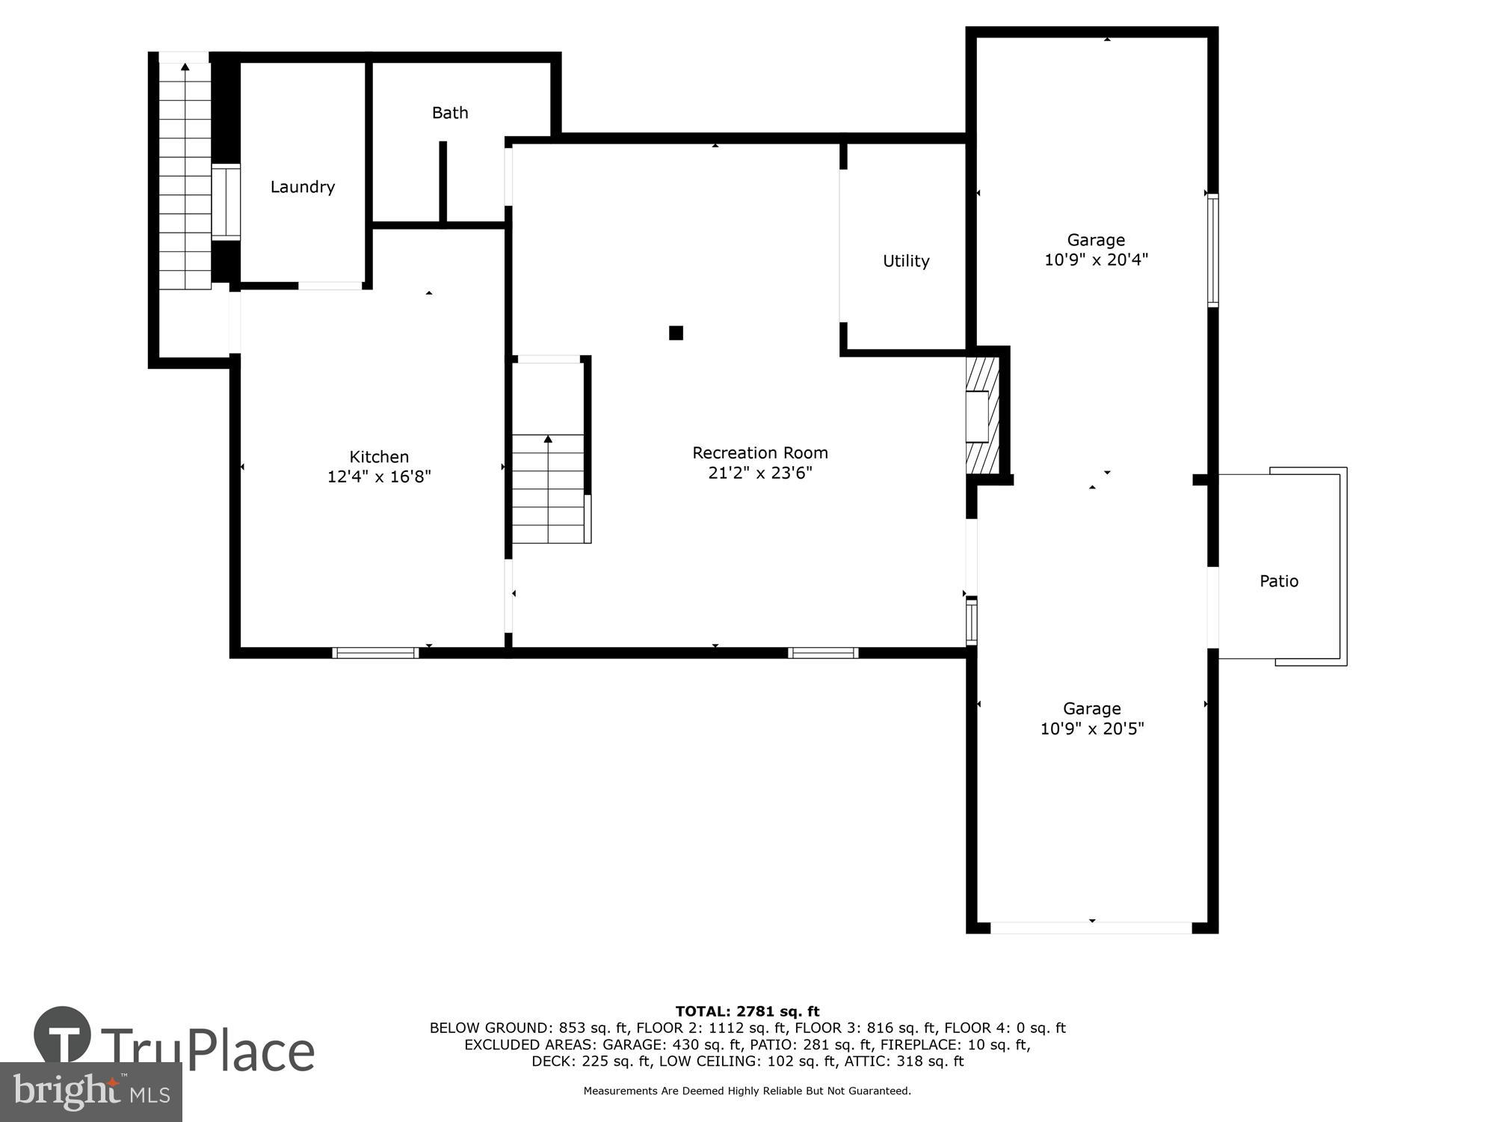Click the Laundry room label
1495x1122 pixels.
click(302, 187)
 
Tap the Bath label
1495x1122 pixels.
click(450, 113)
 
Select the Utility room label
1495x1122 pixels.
click(906, 261)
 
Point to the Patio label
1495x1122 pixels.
click(1279, 581)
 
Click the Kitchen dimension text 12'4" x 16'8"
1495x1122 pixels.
click(379, 476)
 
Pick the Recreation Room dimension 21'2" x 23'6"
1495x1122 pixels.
click(760, 473)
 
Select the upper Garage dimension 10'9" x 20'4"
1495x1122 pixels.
click(1096, 260)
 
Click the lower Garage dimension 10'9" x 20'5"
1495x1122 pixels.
click(1092, 729)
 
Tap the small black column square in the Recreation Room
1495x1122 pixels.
click(676, 333)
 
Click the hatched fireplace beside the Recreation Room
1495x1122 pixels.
click(982, 414)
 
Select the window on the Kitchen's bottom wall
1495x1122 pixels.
click(375, 653)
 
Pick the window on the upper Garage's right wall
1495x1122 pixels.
click(1213, 251)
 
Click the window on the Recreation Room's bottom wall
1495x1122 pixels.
click(823, 653)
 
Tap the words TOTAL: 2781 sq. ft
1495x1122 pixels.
click(747, 1012)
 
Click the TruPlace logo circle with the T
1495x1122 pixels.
click(63, 1035)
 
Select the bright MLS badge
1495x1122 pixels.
click(91, 1092)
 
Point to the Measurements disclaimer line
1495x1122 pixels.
click(747, 1091)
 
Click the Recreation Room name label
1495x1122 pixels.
click(760, 453)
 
